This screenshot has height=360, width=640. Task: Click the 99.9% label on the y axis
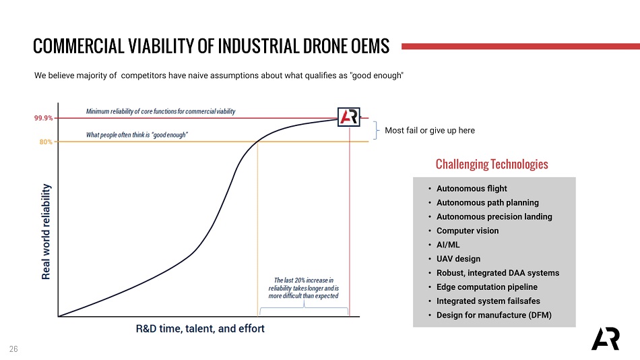44,118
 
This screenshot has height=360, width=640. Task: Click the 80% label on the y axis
46,142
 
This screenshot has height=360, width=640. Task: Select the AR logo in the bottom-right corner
605,339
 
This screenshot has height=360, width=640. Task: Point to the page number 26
13,349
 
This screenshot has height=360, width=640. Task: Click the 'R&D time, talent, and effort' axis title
200,329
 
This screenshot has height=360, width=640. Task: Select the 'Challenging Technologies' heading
492,164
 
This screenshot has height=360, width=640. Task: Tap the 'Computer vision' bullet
468,231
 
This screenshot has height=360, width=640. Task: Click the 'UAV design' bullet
458,259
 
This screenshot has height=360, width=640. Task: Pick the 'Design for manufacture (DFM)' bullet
494,315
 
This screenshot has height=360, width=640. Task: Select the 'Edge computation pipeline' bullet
486,287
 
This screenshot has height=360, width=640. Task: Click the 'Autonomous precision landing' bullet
494,216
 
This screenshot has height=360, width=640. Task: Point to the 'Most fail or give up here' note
430,130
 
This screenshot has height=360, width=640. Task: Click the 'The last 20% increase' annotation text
303,288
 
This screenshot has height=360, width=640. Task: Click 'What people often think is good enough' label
137,135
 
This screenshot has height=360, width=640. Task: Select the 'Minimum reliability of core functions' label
160,111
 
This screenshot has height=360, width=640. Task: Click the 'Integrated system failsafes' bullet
488,301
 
